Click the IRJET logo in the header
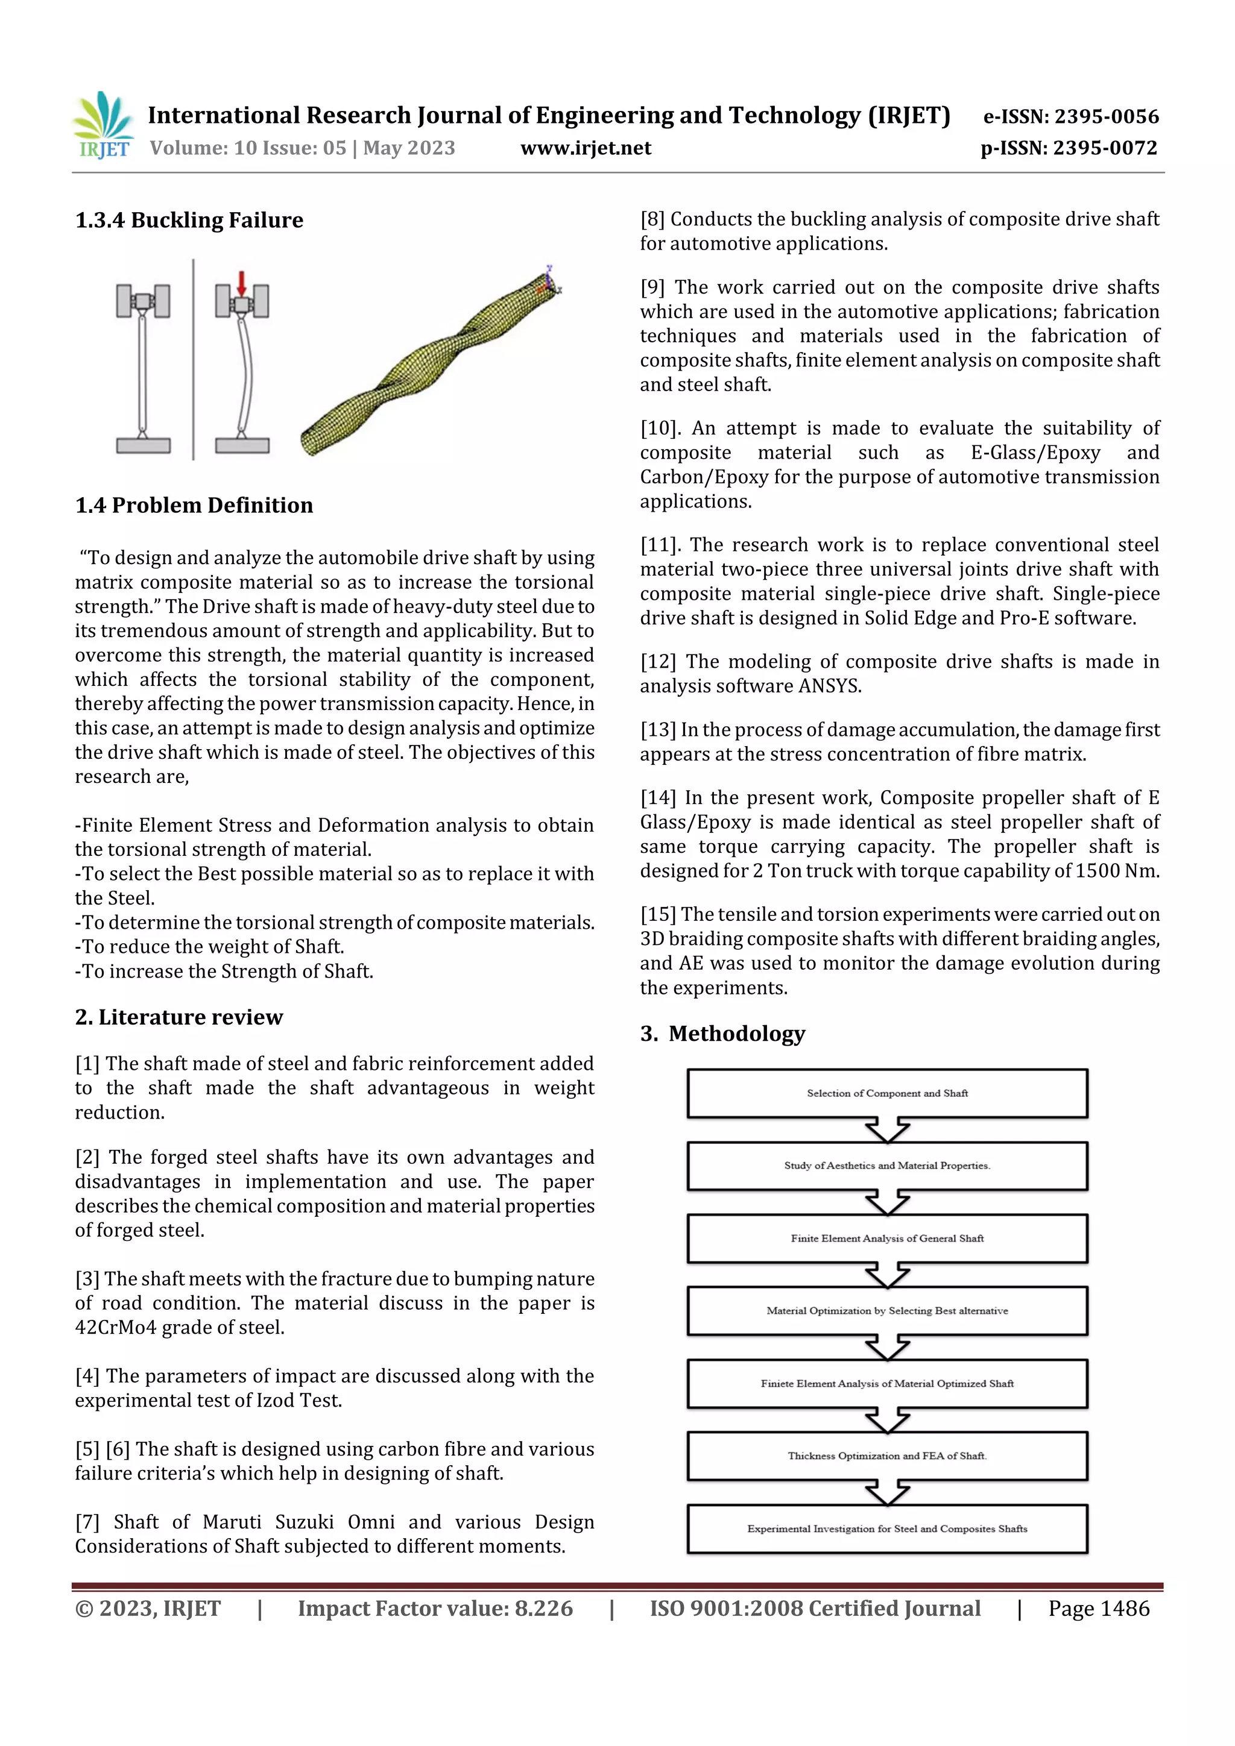point(103,125)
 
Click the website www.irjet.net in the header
point(585,148)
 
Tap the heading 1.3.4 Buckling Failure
point(189,221)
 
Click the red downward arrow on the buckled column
point(241,282)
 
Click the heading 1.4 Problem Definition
point(194,506)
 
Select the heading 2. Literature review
point(179,1017)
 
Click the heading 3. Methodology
point(722,1034)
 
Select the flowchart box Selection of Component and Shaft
point(886,1093)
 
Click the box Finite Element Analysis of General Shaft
point(886,1238)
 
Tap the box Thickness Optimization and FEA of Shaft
point(886,1456)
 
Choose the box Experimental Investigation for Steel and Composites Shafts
point(886,1528)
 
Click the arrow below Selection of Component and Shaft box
point(886,1129)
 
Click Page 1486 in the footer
point(1098,1609)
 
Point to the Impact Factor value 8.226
point(543,1609)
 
